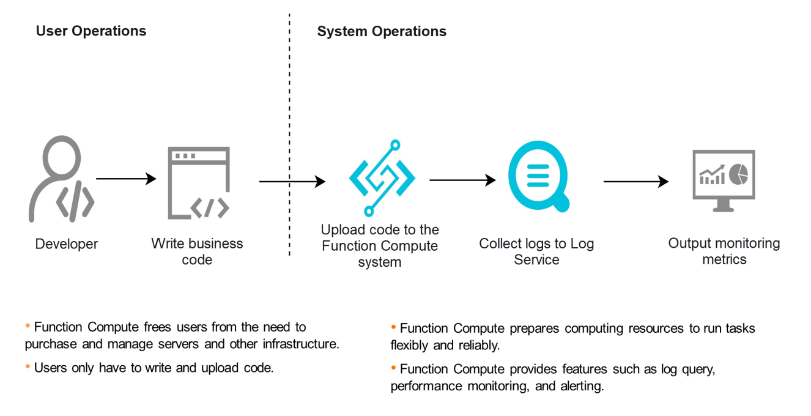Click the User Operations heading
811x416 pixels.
click(x=91, y=31)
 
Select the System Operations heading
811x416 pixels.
click(x=381, y=31)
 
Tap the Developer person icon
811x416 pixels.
click(x=61, y=179)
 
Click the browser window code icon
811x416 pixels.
click(x=199, y=183)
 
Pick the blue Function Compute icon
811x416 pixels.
click(x=382, y=179)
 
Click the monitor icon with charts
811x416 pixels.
click(x=724, y=180)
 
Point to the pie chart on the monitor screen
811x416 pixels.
click(x=739, y=174)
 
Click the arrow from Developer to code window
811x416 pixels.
click(x=126, y=179)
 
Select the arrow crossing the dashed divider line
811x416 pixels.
click(x=292, y=181)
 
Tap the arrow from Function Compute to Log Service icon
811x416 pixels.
click(x=462, y=180)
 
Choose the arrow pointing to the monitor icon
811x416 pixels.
click(x=635, y=181)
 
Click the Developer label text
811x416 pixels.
click(x=67, y=244)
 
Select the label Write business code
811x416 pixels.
click(x=197, y=251)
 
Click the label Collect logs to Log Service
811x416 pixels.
click(x=536, y=251)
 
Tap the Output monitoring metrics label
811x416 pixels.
click(x=724, y=251)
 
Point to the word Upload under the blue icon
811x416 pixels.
click(x=341, y=230)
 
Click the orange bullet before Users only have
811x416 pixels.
click(x=28, y=366)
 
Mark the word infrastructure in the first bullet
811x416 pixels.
click(x=300, y=344)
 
